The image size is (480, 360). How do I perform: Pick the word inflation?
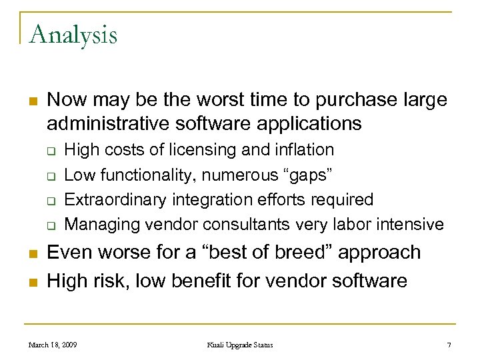(x=301, y=150)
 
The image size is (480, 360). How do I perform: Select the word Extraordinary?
(x=117, y=199)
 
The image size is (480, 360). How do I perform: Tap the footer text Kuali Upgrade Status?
(x=239, y=345)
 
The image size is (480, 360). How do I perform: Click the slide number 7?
(x=448, y=345)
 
